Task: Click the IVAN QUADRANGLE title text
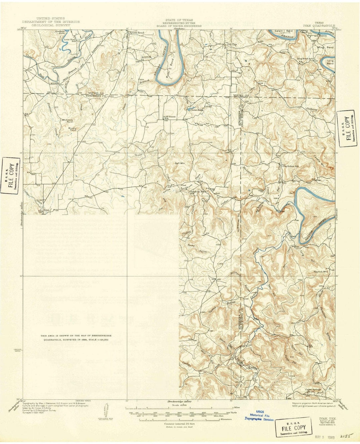tap(319, 25)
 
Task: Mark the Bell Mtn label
tap(180, 163)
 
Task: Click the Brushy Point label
tap(72, 129)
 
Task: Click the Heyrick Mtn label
tap(321, 272)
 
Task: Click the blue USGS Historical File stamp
tap(259, 415)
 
